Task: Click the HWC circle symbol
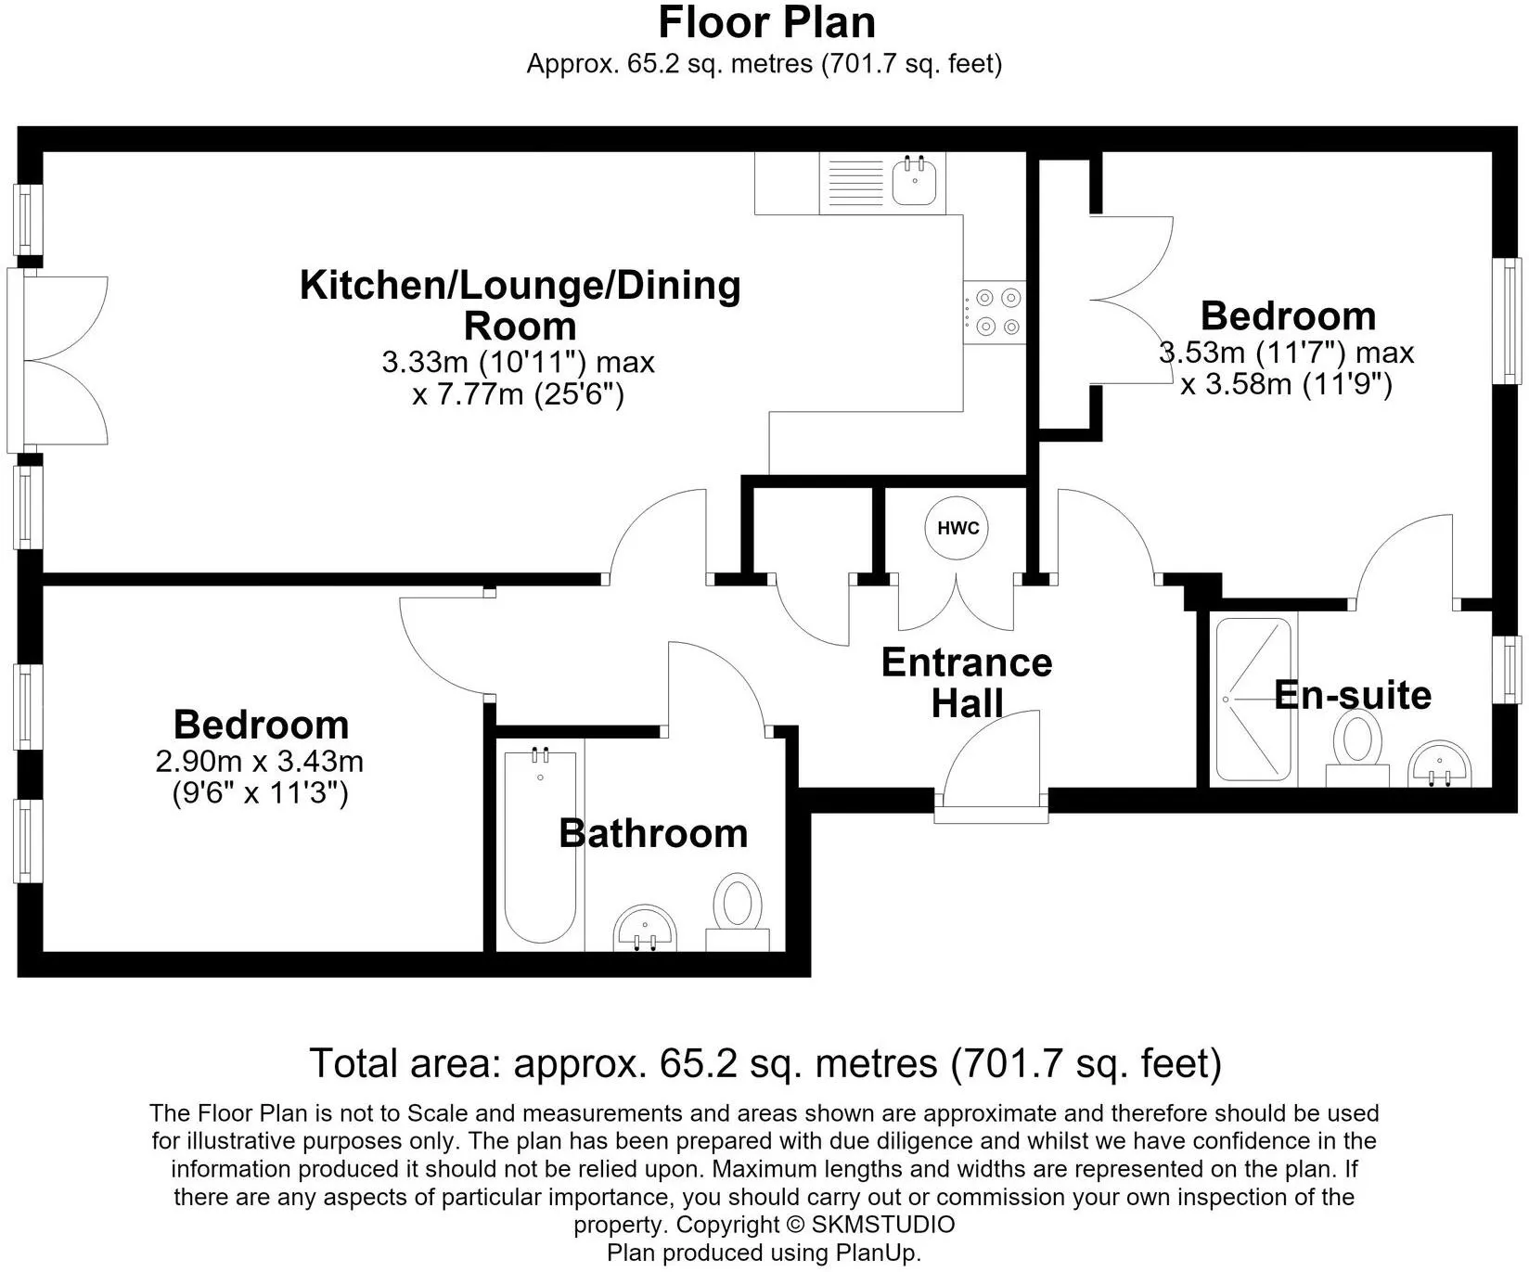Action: [x=957, y=528]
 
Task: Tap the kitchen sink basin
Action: [x=915, y=181]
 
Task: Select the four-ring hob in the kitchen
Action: [x=995, y=313]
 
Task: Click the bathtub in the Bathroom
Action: [x=540, y=846]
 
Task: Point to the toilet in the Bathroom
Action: [x=738, y=910]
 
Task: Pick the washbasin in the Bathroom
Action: [x=646, y=928]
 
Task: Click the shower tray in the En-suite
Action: [x=1253, y=700]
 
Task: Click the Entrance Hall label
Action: [x=967, y=683]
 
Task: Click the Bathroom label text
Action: [x=653, y=833]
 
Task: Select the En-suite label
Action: [x=1353, y=695]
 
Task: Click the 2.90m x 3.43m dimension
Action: [x=260, y=762]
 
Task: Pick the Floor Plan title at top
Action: [x=766, y=21]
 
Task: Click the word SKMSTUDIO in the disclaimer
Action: [x=883, y=1225]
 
